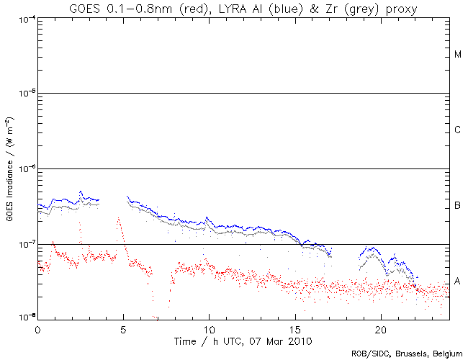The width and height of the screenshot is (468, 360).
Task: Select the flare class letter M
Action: (x=458, y=55)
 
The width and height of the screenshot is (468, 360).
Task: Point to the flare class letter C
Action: (x=458, y=130)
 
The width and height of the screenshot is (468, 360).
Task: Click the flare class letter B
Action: (x=458, y=207)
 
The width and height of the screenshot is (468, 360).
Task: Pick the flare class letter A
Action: (x=458, y=281)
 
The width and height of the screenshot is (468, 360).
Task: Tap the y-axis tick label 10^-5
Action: (x=27, y=93)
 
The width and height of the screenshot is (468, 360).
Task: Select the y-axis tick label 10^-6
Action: (x=27, y=168)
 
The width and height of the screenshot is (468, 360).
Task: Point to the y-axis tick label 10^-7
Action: (x=27, y=244)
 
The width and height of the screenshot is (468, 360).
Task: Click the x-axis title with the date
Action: (x=243, y=340)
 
